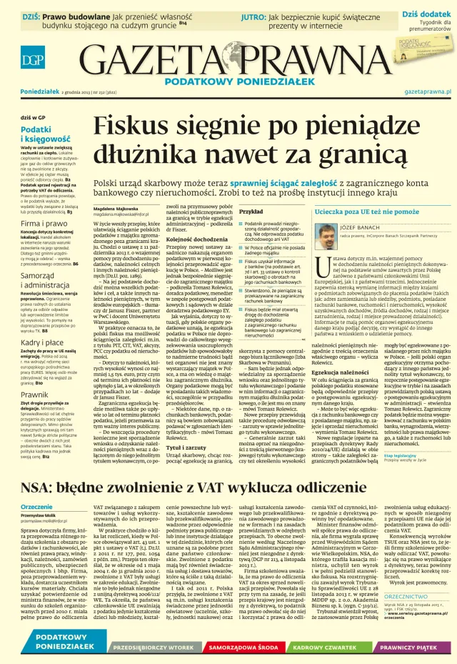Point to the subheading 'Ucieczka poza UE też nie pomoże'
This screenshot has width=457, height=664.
(364, 212)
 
